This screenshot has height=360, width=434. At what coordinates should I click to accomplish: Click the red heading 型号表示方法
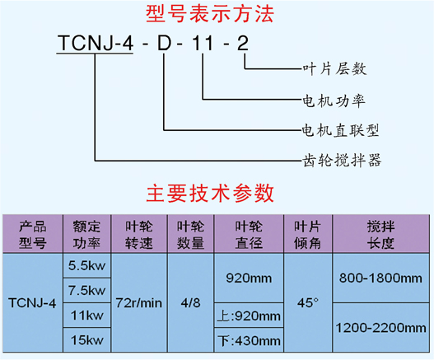click(210, 14)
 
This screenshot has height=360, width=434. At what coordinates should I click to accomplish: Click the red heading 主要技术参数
click(210, 193)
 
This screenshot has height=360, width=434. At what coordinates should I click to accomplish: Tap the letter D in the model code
click(165, 44)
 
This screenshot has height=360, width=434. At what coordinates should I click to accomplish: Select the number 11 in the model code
click(203, 44)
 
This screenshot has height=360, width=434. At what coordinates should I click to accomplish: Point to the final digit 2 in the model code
click(242, 44)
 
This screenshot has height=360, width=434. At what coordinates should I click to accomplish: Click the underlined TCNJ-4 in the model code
click(95, 44)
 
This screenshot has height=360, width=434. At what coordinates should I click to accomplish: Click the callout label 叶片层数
click(334, 68)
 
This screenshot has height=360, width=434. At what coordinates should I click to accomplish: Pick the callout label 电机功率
click(334, 101)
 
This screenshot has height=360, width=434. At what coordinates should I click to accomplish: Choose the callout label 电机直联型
click(340, 130)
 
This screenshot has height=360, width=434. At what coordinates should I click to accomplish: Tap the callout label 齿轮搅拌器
click(342, 160)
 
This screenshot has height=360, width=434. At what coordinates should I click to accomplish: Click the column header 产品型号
click(33, 235)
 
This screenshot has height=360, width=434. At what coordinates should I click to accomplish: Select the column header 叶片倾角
click(307, 235)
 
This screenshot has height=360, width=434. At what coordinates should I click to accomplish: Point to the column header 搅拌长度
click(380, 235)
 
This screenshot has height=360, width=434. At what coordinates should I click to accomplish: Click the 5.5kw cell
click(87, 266)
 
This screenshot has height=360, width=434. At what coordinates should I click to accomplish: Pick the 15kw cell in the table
click(87, 340)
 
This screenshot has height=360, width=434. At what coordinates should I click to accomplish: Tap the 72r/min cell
click(139, 303)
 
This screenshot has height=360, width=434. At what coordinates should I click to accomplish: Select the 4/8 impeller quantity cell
click(191, 303)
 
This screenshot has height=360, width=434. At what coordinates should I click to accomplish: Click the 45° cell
click(308, 303)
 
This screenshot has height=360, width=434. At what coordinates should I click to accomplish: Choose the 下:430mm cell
click(249, 340)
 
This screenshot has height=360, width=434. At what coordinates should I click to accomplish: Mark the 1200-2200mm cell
click(380, 328)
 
